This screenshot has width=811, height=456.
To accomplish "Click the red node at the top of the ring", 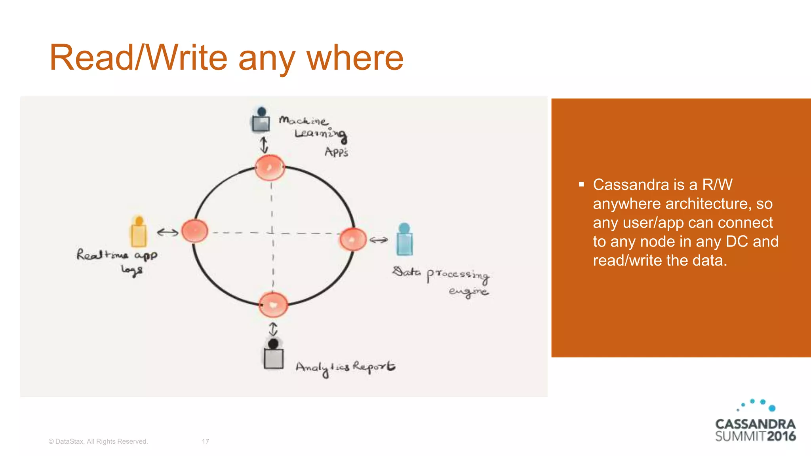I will coord(270,167).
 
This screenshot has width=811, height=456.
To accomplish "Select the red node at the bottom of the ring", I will coord(273,305).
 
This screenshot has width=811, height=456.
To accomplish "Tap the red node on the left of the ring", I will coord(195,231).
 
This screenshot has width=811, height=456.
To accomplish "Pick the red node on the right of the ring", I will coord(353,239).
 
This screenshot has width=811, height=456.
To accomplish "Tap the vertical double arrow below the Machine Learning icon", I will coord(264,145).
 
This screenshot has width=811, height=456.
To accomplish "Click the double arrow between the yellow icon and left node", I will coord(168,232).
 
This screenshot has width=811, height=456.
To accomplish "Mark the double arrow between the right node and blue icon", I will coord(379,240).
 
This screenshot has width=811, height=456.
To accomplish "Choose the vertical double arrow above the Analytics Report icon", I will coord(273,329).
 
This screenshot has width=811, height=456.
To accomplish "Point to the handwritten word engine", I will coord(468,292).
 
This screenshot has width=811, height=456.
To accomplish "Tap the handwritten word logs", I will coord(132,270).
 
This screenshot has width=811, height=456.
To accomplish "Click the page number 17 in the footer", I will coord(205,441).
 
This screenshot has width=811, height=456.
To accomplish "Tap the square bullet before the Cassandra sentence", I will coord(581,184).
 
